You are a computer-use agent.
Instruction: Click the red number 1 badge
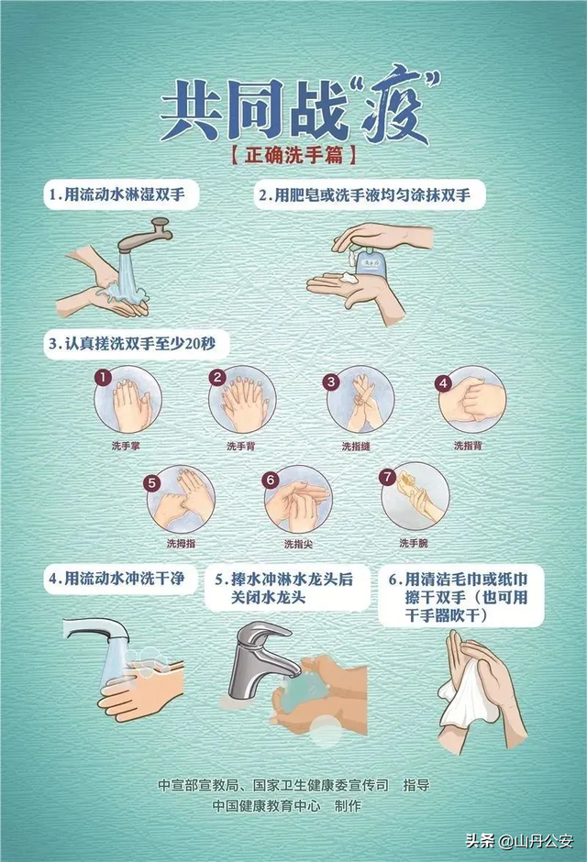[x=104, y=377]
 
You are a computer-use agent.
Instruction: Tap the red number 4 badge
[x=443, y=382]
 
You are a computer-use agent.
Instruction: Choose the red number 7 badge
[x=387, y=477]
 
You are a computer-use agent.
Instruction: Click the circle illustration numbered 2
[x=243, y=400]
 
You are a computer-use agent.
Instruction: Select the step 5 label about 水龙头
[x=289, y=589]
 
